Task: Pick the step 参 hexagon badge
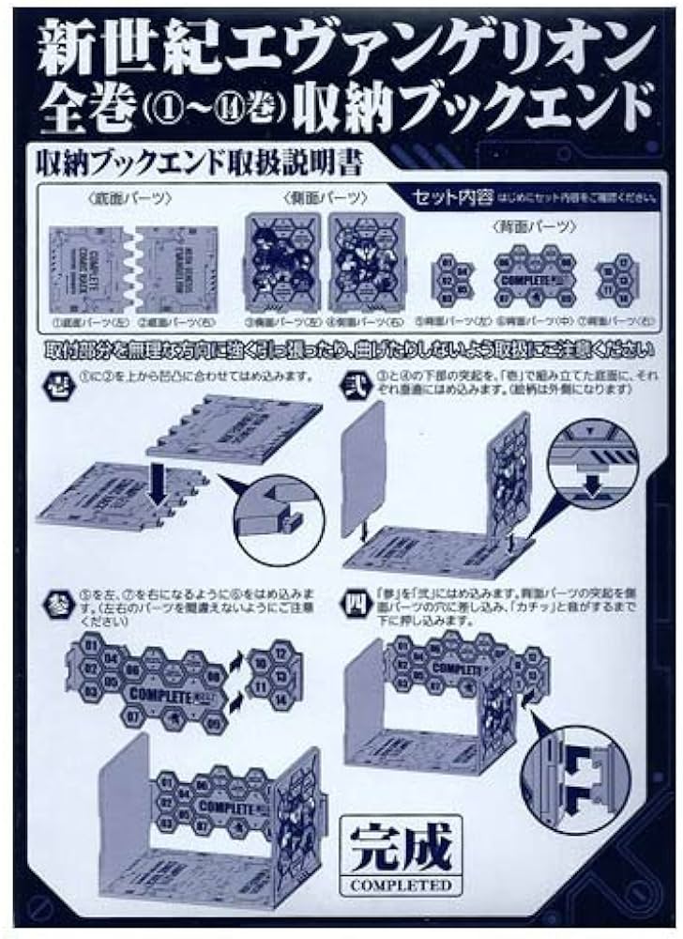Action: click(x=55, y=597)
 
